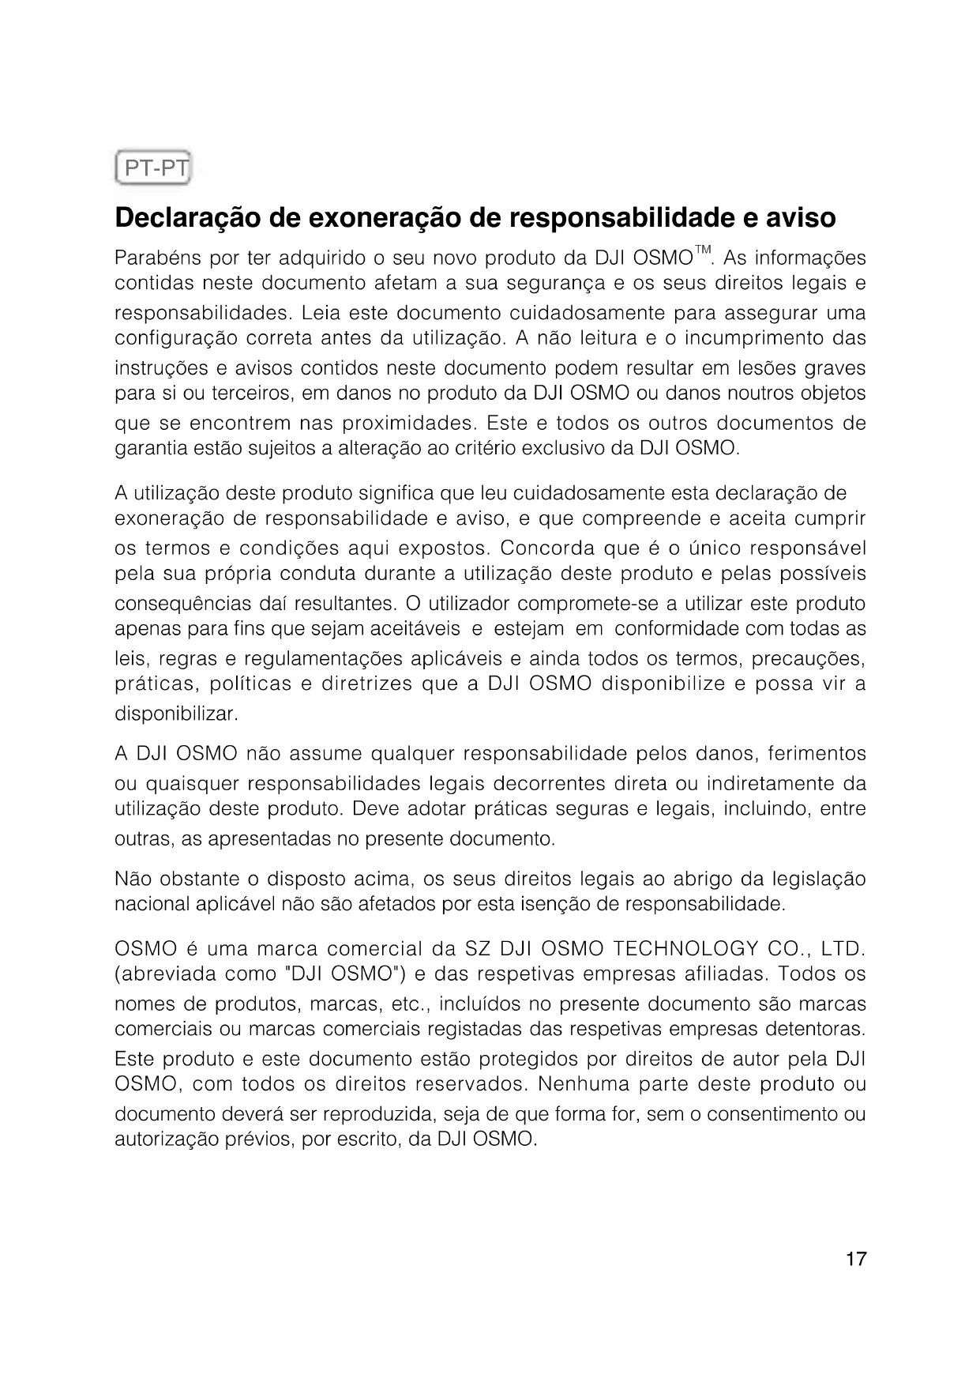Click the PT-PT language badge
coord(153,167)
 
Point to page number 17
coord(856,1259)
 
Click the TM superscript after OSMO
coord(704,251)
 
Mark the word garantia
coord(148,448)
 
